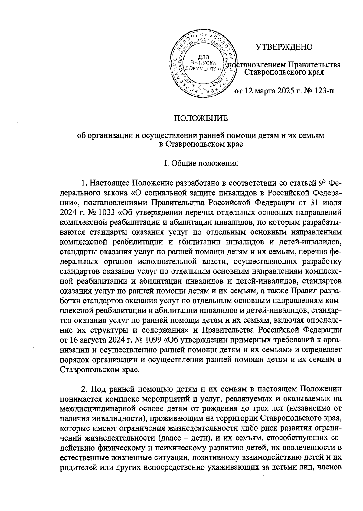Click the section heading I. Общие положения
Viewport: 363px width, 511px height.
(x=201, y=164)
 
